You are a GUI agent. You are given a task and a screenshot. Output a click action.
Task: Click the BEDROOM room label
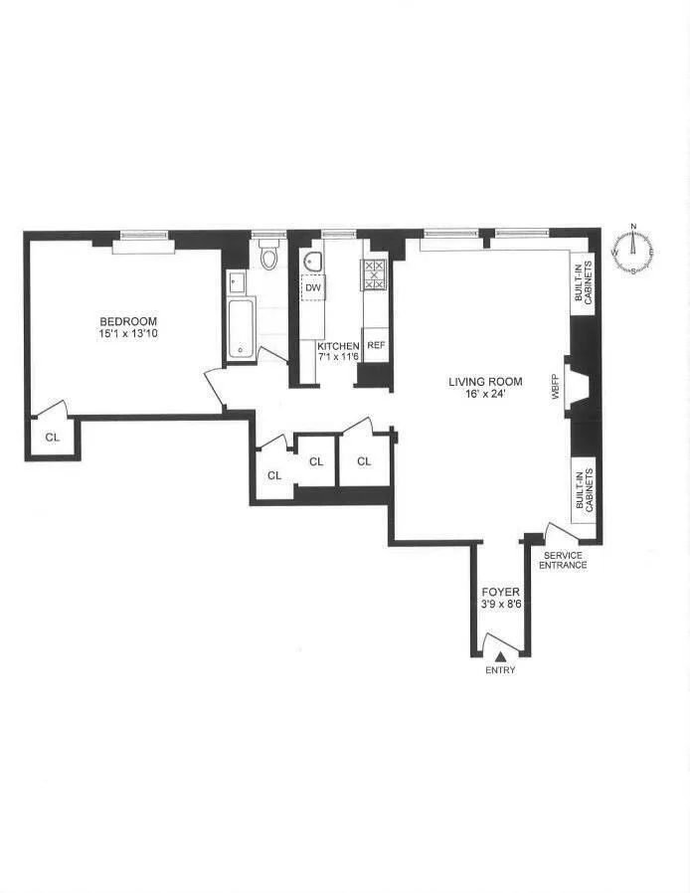(x=128, y=320)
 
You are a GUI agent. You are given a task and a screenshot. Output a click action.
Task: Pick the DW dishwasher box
(x=313, y=287)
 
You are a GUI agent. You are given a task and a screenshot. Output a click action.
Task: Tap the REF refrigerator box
(x=376, y=345)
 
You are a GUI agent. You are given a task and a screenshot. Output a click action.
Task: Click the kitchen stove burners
(x=375, y=273)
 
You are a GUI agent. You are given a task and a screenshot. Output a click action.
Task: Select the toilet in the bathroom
(x=266, y=258)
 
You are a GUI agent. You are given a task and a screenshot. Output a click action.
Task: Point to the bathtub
(x=241, y=327)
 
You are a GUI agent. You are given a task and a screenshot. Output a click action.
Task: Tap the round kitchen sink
(x=312, y=262)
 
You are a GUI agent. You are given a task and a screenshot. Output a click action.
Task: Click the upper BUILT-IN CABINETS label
(x=584, y=283)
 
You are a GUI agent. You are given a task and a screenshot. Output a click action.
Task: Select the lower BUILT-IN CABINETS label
(x=584, y=490)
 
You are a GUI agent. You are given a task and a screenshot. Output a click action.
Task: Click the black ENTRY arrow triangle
(x=501, y=655)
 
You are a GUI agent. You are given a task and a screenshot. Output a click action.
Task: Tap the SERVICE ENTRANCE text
(x=563, y=560)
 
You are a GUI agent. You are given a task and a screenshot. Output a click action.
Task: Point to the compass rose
(x=632, y=254)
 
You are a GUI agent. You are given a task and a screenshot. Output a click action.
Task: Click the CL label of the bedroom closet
(x=51, y=437)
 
